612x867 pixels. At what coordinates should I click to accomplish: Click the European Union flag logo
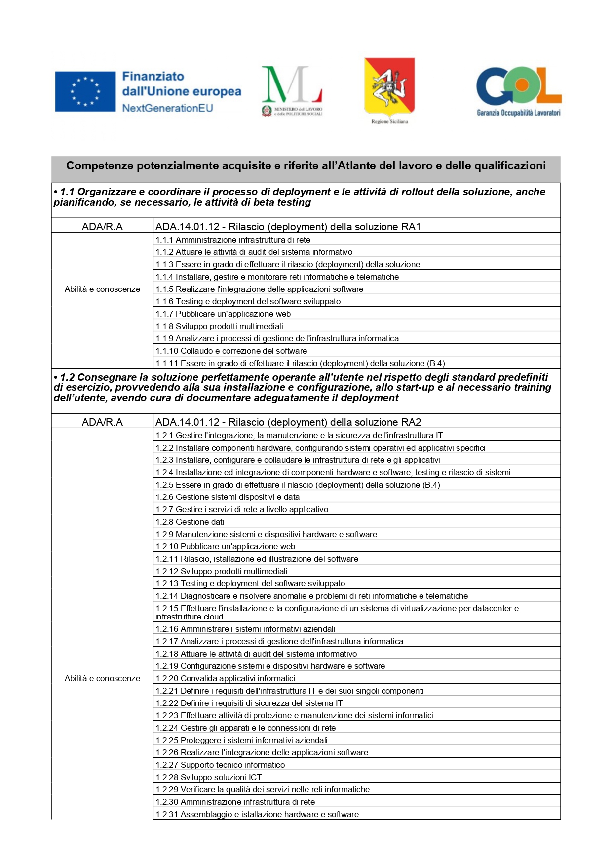pos(85,91)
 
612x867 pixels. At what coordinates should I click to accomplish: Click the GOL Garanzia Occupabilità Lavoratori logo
pos(518,91)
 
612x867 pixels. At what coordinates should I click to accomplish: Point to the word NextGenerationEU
pos(168,108)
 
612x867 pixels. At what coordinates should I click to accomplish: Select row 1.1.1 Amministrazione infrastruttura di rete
pos(233,240)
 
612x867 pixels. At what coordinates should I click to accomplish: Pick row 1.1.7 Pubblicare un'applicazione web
pos(223,314)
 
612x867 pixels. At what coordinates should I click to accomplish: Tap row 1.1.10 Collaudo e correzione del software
pos(231,351)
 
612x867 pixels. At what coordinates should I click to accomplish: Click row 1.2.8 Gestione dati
pos(190,522)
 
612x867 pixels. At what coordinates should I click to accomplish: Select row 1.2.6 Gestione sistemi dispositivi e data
pos(228,497)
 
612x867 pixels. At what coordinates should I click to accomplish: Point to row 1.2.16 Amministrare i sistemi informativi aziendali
pos(245,629)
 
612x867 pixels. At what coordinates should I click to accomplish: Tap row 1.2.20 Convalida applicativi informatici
pos(226,679)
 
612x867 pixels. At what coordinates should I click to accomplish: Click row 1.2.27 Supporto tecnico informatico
pos(220,765)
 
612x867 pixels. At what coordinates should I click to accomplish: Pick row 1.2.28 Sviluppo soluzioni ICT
pos(208,778)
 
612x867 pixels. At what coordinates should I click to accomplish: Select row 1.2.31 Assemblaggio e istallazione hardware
pos(257,815)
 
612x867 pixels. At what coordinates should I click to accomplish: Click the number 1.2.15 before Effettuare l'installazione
pos(166,609)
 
